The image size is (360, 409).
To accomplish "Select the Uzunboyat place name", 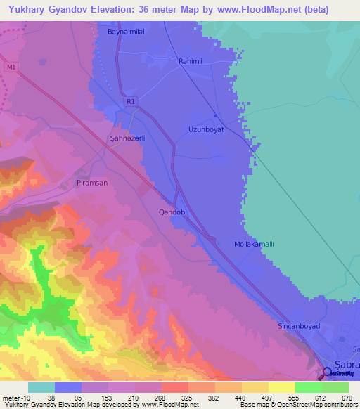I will click(205, 129).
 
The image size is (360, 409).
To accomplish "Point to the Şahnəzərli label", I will click(127, 138).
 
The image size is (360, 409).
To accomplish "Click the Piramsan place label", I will click(90, 183).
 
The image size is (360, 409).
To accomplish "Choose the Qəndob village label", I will click(172, 212).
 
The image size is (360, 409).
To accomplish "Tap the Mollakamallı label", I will click(254, 245).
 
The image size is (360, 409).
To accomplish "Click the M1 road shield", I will click(8, 67).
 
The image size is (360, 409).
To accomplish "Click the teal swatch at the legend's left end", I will click(41, 387).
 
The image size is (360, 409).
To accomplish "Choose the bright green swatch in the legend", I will click(308, 387).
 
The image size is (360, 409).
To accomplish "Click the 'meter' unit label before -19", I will click(11, 398).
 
